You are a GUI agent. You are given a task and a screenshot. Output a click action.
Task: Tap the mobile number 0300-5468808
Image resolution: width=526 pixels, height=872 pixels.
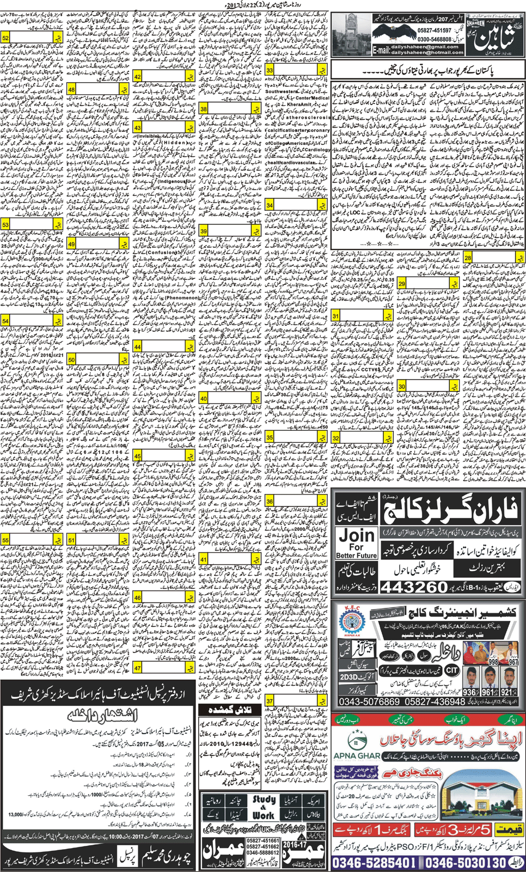432,40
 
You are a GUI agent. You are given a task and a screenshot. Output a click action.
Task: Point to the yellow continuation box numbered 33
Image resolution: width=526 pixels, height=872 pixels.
297,70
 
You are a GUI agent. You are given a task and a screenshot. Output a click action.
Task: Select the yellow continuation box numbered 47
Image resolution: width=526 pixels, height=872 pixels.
164,667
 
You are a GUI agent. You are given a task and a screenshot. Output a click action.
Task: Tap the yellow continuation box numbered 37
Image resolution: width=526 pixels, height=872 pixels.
297,700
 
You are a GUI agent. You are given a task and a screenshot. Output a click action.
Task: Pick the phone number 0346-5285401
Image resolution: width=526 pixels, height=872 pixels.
376,862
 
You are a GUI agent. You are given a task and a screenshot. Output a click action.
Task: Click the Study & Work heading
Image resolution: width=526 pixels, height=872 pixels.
265,807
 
